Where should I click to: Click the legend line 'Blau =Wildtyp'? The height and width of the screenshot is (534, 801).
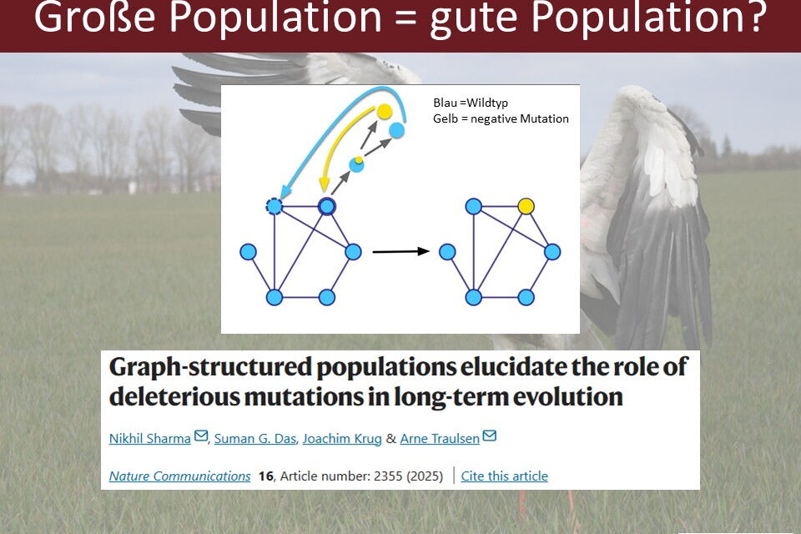471,103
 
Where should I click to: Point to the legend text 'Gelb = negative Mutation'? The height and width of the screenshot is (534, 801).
501,118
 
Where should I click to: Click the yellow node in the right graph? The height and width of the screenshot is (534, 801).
526,206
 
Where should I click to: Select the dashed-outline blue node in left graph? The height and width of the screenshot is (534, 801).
275,206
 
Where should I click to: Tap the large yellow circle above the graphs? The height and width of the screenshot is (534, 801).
384,111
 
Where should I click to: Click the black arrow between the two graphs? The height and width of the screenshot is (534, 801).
401,251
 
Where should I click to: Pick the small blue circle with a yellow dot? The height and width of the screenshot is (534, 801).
356,164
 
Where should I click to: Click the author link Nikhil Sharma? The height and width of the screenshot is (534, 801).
149,438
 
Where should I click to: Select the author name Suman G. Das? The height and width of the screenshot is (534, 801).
255,438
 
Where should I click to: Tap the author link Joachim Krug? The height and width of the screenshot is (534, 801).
342,438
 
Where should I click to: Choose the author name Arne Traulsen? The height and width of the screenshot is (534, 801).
440,438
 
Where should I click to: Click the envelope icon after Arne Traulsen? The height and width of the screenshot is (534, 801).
490,436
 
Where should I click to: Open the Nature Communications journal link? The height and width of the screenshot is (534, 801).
180,476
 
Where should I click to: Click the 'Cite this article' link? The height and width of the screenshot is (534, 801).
504,476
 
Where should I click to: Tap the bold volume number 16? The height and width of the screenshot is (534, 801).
265,476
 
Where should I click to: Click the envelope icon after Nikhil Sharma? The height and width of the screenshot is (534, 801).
201,436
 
